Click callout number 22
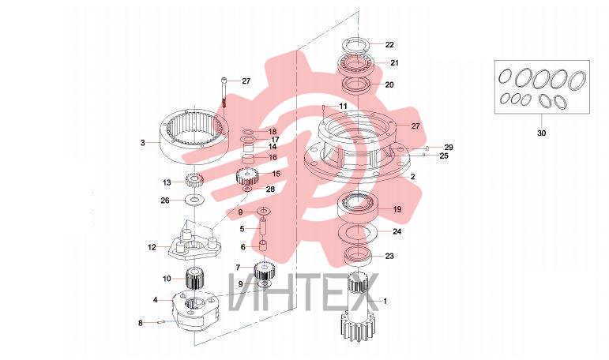[389, 45]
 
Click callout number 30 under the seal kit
[541, 133]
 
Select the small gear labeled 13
[194, 180]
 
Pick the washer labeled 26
[193, 201]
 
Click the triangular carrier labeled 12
[195, 245]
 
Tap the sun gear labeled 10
[195, 278]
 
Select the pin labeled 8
[161, 322]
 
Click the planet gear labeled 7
[265, 271]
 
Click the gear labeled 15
[247, 176]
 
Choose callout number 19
[397, 209]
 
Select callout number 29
[449, 148]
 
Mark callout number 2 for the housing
[412, 177]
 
